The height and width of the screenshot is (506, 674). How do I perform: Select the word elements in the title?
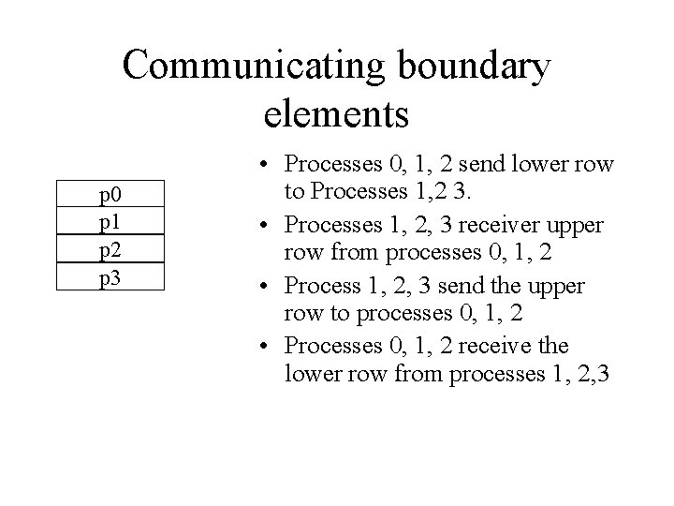click(x=337, y=113)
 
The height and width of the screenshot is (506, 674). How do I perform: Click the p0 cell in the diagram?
click(x=111, y=196)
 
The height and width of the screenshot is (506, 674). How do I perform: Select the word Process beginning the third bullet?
click(x=324, y=286)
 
